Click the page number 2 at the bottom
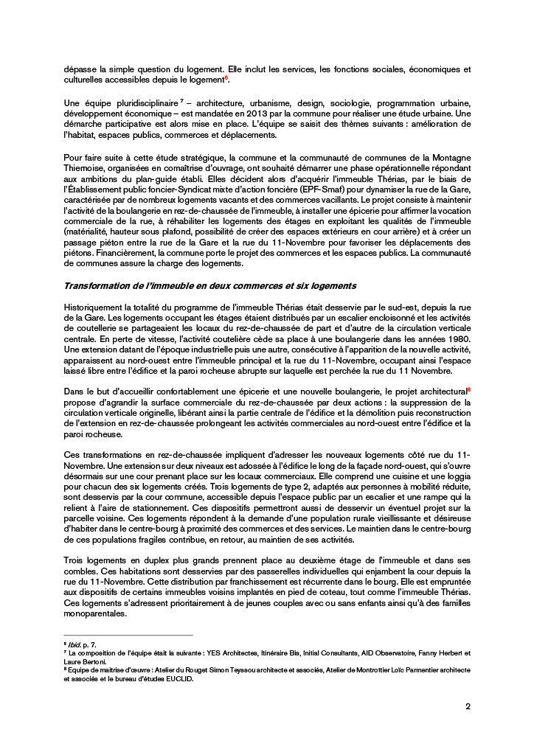tap(468, 706)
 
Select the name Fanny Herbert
tap(440, 653)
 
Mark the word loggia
tap(457, 477)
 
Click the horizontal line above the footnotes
tap(128, 635)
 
